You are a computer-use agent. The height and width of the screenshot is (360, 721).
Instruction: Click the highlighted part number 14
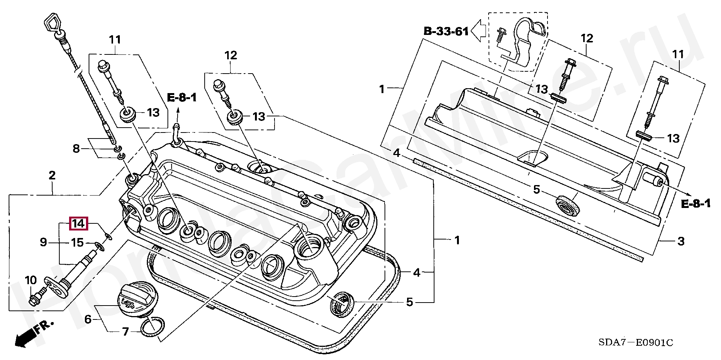point(78,224)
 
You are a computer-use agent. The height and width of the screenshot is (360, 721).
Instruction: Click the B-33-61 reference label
point(446,31)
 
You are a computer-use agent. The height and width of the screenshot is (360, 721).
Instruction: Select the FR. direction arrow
point(26,335)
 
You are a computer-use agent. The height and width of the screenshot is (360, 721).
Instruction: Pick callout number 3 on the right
point(680,241)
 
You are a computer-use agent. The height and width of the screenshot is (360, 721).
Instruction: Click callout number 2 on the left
point(52,175)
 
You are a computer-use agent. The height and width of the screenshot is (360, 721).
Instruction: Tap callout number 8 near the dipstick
point(76,149)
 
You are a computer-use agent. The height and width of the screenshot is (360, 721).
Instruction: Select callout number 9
point(44,243)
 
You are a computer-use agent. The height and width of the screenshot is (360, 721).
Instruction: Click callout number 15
point(77,243)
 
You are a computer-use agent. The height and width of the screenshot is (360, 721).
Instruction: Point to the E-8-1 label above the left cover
point(182,98)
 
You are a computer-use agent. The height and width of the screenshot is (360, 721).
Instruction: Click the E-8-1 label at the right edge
point(695,204)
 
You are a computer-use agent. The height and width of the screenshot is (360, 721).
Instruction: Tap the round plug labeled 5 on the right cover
point(568,206)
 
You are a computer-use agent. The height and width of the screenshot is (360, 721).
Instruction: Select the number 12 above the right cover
point(587,38)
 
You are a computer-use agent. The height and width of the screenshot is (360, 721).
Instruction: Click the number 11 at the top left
point(115,39)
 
